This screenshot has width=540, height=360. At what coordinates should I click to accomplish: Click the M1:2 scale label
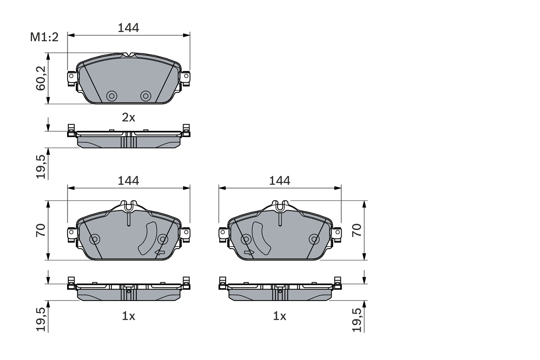pyautogui.click(x=43, y=37)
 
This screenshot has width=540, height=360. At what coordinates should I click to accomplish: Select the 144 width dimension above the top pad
pyautogui.click(x=128, y=28)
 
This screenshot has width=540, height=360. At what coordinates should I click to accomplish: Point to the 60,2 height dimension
pyautogui.click(x=40, y=78)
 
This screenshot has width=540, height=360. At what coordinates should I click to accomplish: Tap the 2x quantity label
pyautogui.click(x=128, y=118)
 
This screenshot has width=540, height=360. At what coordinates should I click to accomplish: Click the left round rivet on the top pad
pyautogui.click(x=111, y=96)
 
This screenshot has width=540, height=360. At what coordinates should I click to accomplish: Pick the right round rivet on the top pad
pyautogui.click(x=146, y=96)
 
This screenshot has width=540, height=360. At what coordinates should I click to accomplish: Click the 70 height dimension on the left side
pyautogui.click(x=40, y=230)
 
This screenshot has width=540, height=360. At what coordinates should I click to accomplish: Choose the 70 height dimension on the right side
pyautogui.click(x=357, y=230)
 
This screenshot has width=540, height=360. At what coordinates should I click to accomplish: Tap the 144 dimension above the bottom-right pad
pyautogui.click(x=280, y=181)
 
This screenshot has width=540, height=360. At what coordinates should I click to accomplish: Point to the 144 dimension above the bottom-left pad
pyautogui.click(x=128, y=181)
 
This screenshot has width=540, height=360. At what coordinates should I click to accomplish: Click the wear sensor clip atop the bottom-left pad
pyautogui.click(x=129, y=206)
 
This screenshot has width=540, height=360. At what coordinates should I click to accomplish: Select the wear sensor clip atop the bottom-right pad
pyautogui.click(x=280, y=206)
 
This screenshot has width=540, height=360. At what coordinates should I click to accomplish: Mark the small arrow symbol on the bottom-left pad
pyautogui.click(x=160, y=252)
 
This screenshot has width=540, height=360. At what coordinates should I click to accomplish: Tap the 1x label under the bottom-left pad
pyautogui.click(x=128, y=316)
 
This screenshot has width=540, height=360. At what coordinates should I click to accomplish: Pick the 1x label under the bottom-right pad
pyautogui.click(x=279, y=316)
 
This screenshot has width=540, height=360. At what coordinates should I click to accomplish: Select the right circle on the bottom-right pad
pyautogui.click(x=313, y=239)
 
